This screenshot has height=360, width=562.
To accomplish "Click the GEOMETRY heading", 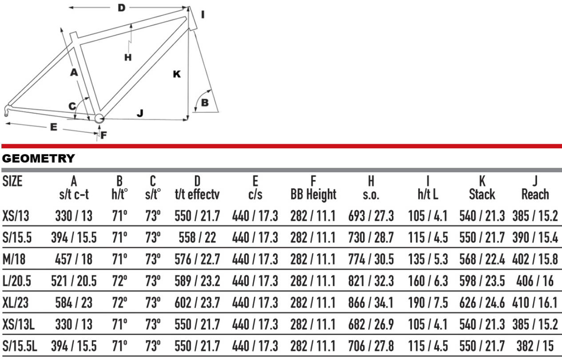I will (39, 159).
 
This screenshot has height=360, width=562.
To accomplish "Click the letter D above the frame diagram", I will (121, 8).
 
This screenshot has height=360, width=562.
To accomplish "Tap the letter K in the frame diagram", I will (177, 75).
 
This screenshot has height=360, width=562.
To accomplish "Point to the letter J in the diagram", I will (140, 113).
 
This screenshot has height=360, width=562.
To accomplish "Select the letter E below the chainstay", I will (54, 127).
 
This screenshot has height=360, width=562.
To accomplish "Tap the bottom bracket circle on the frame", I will (99, 118).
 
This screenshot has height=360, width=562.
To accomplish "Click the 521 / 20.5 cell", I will (74, 281).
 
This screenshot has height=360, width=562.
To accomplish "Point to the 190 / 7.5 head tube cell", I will (427, 302).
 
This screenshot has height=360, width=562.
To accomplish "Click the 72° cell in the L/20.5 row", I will (119, 281).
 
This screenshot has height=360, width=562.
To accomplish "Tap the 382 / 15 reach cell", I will (535, 345).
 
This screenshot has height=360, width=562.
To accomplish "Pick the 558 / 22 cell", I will (197, 237).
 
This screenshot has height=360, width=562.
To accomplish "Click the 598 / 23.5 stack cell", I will (482, 281).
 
